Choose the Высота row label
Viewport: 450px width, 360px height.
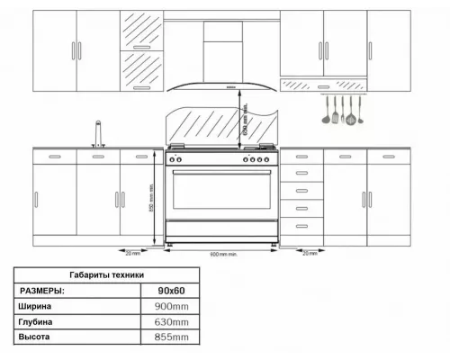pyautogui.click(x=35, y=337)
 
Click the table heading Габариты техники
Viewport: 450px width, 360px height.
pyautogui.click(x=106, y=274)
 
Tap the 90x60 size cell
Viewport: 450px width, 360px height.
pyautogui.click(x=170, y=290)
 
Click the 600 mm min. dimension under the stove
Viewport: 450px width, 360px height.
pyautogui.click(x=220, y=254)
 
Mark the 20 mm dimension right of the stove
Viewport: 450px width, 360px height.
pyautogui.click(x=310, y=254)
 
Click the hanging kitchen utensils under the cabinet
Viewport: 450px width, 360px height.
pyautogui.click(x=341, y=111)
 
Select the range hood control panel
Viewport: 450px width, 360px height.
pyautogui.click(x=230, y=86)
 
